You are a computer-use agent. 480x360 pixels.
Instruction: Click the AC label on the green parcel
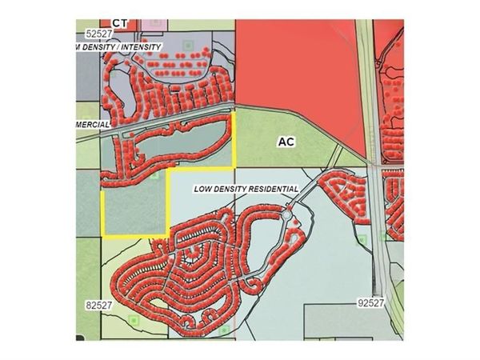coord(286,142)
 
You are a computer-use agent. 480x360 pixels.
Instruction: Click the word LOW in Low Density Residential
coord(205,190)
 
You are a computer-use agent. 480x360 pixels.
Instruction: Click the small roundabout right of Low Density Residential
coord(287,214)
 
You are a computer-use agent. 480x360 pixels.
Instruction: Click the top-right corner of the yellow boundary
coord(235,114)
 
